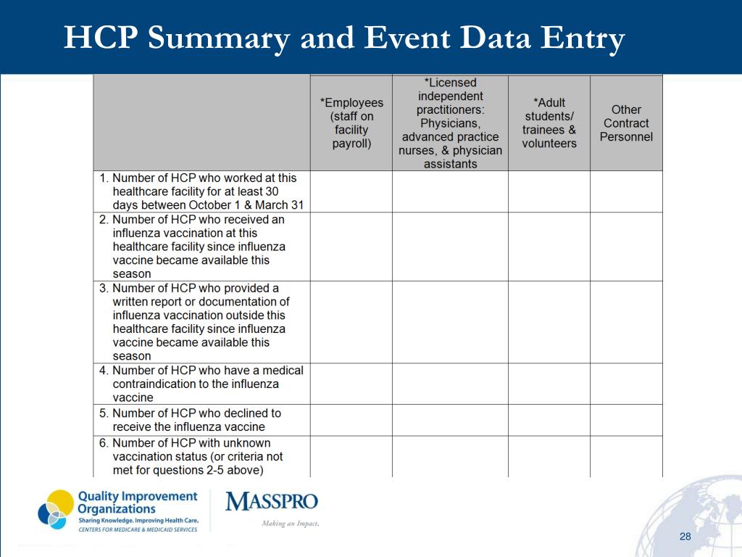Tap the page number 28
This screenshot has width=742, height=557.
(685, 536)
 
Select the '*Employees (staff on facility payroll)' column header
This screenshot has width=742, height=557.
(351, 123)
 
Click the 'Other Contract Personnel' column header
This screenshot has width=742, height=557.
(626, 123)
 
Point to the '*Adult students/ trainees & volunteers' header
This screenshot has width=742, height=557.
(549, 123)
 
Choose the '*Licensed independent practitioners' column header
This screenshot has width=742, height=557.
(450, 123)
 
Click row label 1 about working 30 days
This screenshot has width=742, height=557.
(202, 191)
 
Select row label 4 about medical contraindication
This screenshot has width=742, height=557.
(202, 384)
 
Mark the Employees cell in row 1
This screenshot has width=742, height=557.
(351, 191)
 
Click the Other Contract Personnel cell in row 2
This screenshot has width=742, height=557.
(626, 247)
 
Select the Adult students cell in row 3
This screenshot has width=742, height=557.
(549, 322)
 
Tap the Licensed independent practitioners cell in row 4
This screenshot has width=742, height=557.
(450, 384)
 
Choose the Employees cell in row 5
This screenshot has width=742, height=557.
(351, 420)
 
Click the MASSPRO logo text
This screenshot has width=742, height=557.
(272, 502)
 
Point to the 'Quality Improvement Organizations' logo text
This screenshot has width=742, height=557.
(137, 502)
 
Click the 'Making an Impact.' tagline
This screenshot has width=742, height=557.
(290, 524)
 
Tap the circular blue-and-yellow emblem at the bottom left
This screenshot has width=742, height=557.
(56, 509)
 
